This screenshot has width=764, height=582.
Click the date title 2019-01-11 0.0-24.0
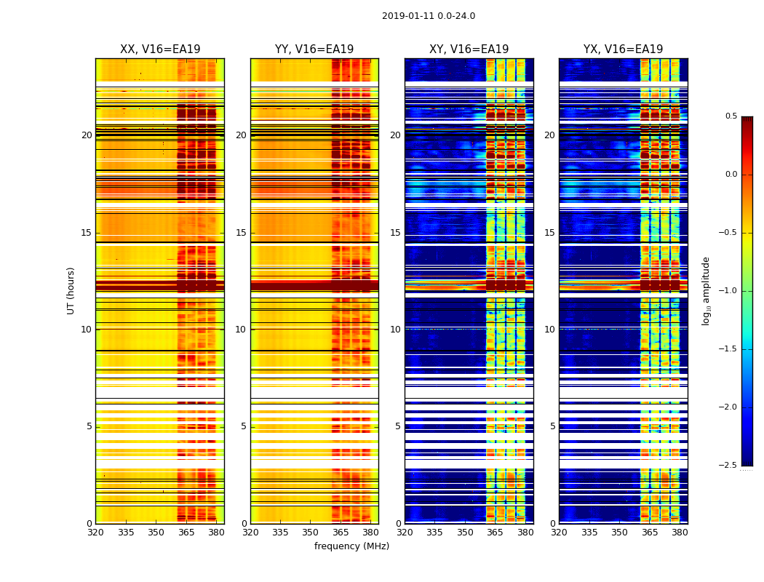pyautogui.click(x=429, y=16)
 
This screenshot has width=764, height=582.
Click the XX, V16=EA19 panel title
pyautogui.click(x=160, y=49)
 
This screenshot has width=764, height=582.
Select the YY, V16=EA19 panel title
pyautogui.click(x=314, y=49)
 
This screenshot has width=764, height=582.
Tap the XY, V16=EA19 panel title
pyautogui.click(x=469, y=49)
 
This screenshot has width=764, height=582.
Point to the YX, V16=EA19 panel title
pyautogui.click(x=623, y=49)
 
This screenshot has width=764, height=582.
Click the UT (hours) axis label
pyautogui.click(x=71, y=290)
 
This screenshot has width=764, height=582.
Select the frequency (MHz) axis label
pyautogui.click(x=351, y=546)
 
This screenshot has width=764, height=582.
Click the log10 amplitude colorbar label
pyautogui.click(x=706, y=290)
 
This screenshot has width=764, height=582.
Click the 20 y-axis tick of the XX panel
pyautogui.click(x=87, y=135)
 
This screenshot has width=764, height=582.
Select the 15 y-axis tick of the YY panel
pyautogui.click(x=242, y=233)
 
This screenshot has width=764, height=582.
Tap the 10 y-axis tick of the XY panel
pyautogui.click(x=396, y=330)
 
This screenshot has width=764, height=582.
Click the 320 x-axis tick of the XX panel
pyautogui.click(x=95, y=533)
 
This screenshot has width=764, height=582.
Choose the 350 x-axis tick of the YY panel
pyautogui.click(x=310, y=533)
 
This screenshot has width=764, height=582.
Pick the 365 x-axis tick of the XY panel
pyautogui.click(x=495, y=533)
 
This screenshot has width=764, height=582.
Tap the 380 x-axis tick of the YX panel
pyautogui.click(x=680, y=533)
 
